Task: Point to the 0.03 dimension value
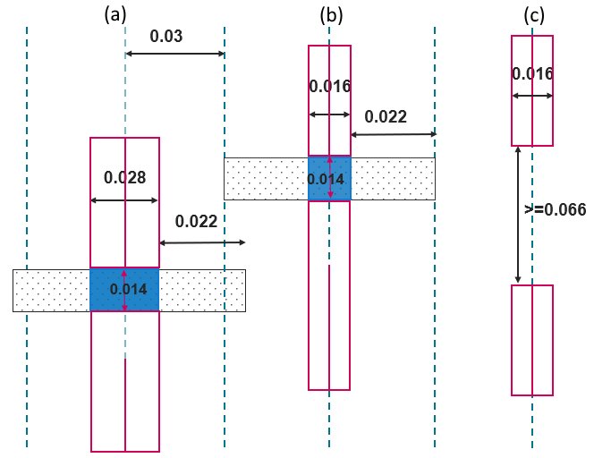point(166,37)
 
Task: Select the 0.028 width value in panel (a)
point(124,177)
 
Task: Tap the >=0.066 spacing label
point(555,210)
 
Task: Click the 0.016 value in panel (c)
point(532,73)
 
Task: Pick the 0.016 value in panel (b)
point(329,87)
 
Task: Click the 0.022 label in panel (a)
point(196,222)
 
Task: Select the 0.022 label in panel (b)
point(386,116)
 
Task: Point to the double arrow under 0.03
point(174,54)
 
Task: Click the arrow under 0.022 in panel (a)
point(201,242)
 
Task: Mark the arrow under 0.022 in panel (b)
point(393,134)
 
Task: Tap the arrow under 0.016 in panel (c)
point(532,95)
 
